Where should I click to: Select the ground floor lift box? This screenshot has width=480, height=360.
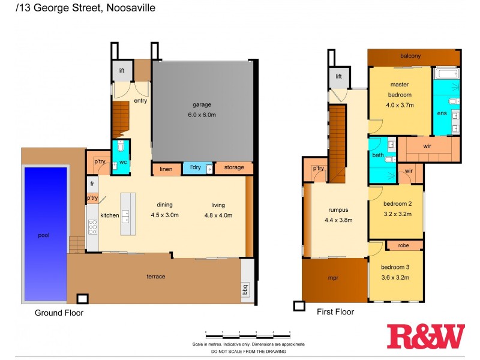pos(122,71)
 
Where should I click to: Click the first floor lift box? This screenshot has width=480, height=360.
pos(338,76)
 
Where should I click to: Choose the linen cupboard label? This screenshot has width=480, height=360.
pos(166,169)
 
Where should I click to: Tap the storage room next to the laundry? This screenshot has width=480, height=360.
pos(234,167)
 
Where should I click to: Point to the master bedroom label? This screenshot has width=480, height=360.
pos(400,90)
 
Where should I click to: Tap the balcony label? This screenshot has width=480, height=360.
pos(410,56)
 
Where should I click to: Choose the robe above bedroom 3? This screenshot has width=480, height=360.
pos(404,245)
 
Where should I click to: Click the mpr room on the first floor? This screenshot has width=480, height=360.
pos(334,279)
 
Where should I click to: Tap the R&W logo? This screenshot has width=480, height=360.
pos(425,336)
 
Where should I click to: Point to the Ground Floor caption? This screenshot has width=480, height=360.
pos(59,313)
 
